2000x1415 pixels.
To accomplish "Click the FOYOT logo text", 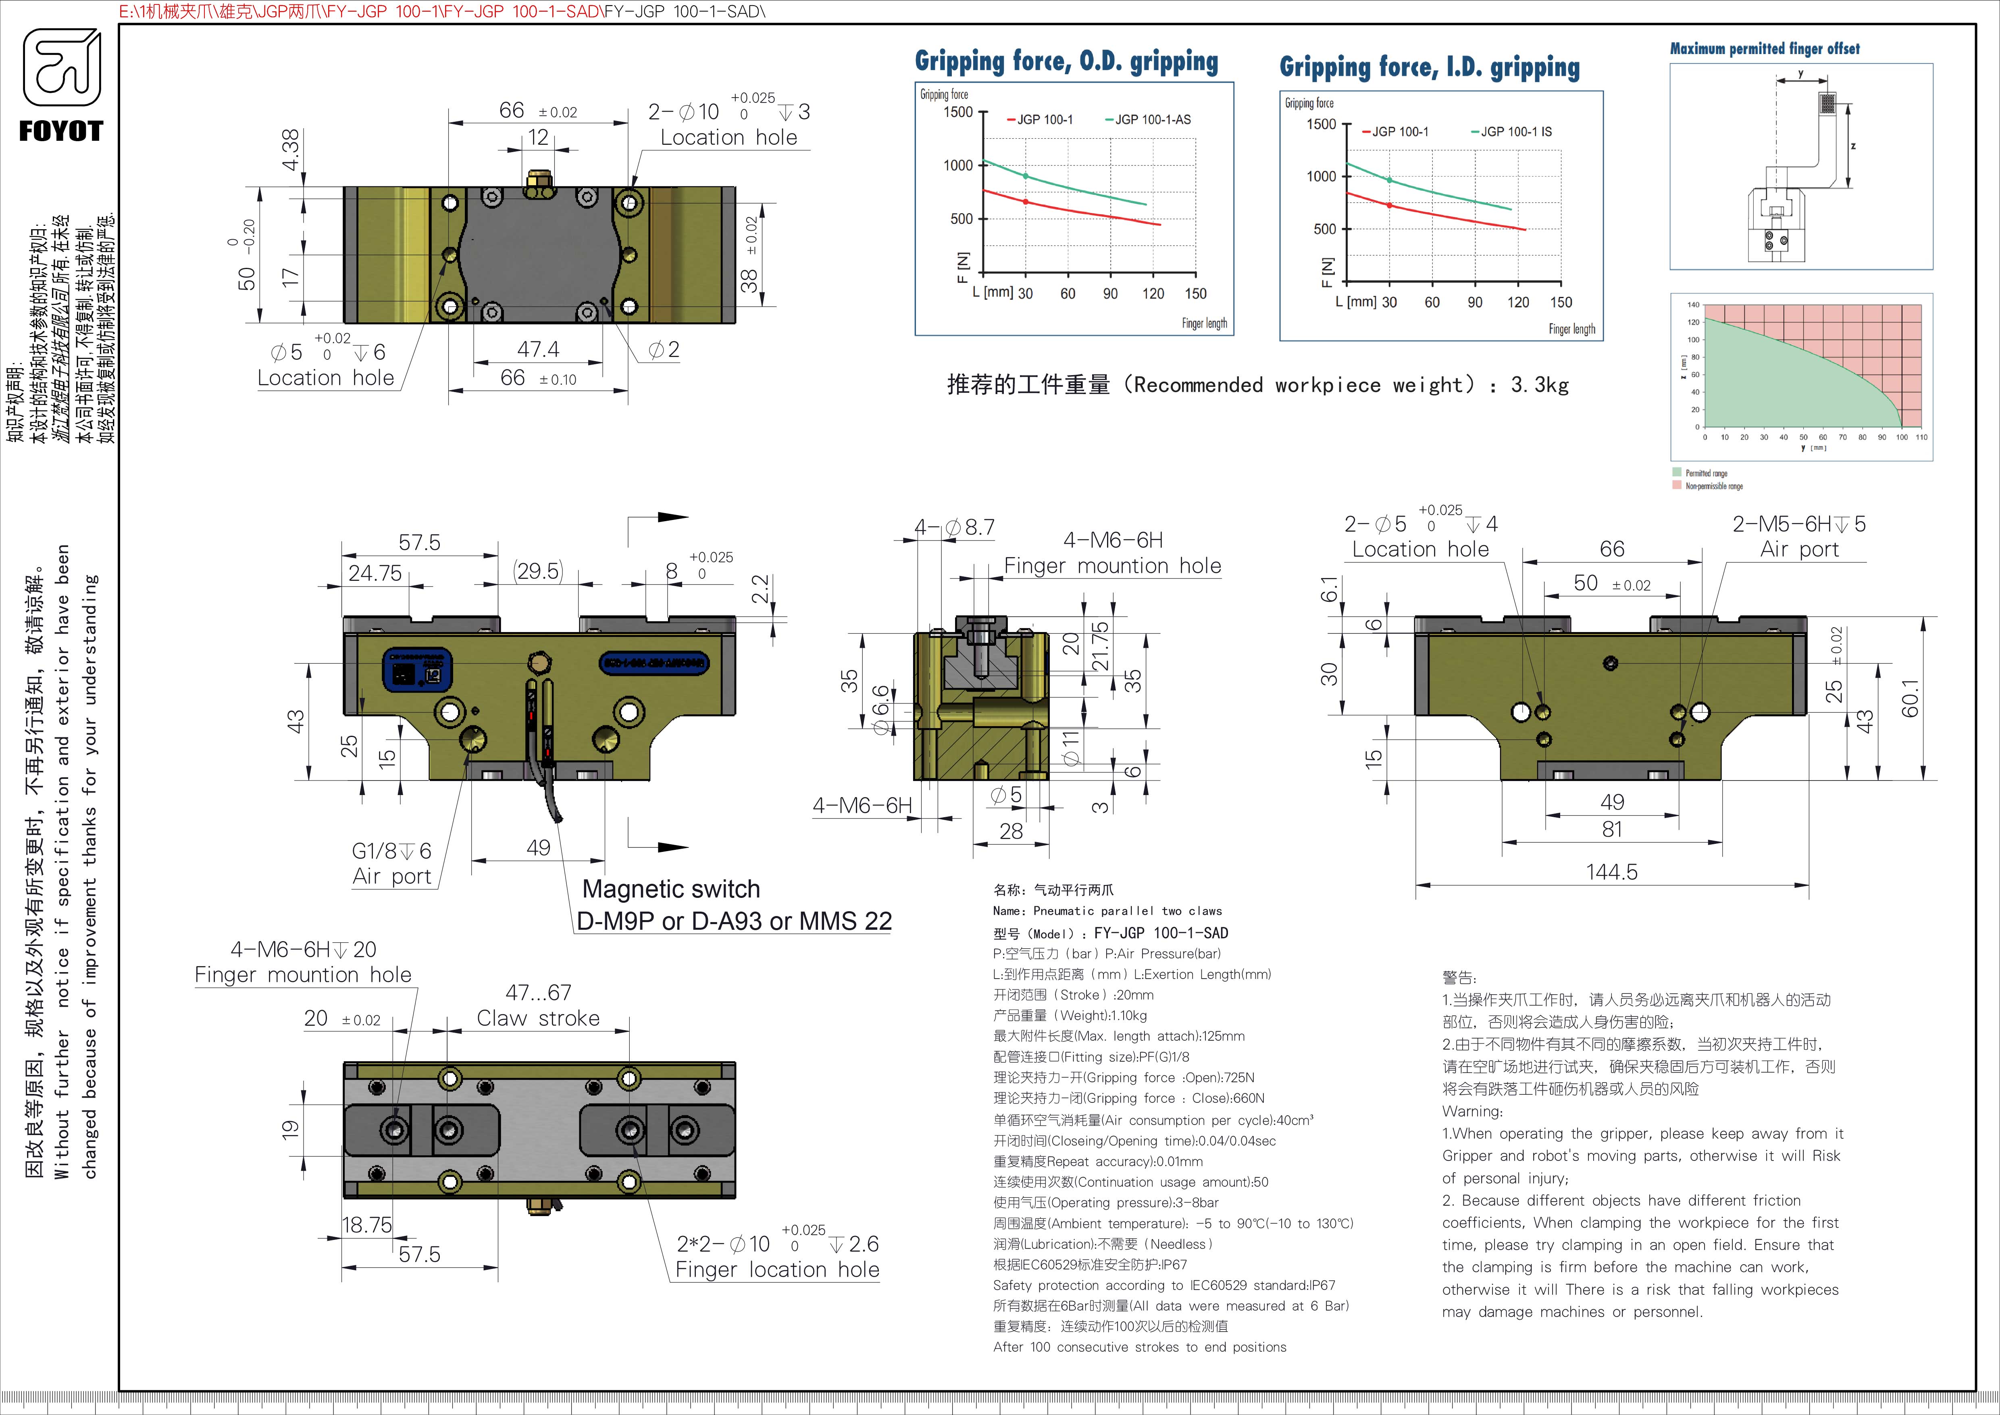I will coord(61,131).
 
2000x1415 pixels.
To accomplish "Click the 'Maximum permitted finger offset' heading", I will coord(1764,49).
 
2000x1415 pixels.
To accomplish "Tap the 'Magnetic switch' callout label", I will coord(671,889).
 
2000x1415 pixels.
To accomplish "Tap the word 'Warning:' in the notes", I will coord(1472,1112).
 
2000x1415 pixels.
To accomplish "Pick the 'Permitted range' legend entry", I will coord(1706,473).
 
